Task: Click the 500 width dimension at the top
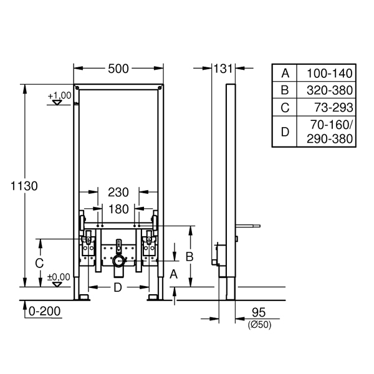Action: tap(118, 69)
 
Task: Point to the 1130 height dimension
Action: tap(24, 186)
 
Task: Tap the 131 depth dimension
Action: tap(223, 69)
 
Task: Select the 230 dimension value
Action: tap(118, 192)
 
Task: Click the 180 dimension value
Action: tap(118, 209)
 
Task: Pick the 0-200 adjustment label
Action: tap(45, 311)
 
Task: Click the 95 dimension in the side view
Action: tap(259, 312)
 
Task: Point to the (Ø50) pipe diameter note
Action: tap(259, 325)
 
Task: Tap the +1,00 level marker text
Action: tap(60, 95)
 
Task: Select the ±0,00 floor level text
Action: tap(59, 277)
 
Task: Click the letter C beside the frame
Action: tap(39, 263)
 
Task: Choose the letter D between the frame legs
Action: tap(118, 287)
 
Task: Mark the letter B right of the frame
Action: tap(189, 257)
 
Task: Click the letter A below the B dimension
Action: tap(174, 274)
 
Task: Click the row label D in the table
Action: tap(285, 132)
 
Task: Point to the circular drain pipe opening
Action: tap(118, 261)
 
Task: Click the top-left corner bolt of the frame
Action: tap(77, 88)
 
